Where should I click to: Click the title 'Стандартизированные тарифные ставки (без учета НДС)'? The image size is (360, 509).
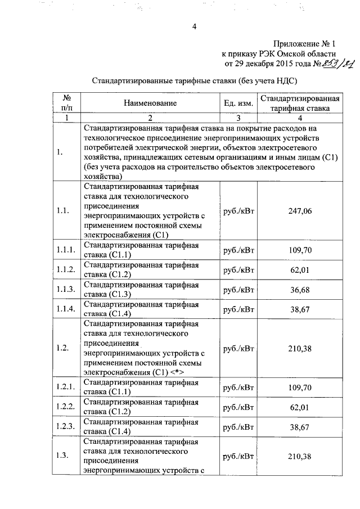tap(194, 80)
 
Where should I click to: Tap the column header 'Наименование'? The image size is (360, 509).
tap(151, 103)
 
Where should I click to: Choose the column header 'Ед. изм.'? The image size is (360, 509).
tap(238, 103)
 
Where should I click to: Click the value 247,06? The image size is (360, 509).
tap(300, 211)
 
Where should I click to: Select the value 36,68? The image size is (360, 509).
tap(300, 289)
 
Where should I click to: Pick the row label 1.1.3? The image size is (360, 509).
tap(66, 289)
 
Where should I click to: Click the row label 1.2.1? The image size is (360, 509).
tap(66, 388)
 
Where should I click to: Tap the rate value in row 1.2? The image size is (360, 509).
tap(300, 348)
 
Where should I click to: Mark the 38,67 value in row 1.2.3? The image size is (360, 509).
tap(300, 427)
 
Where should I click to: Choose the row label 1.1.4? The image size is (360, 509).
tap(66, 309)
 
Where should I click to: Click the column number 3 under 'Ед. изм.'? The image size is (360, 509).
tap(238, 118)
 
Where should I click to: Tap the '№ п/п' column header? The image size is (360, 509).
tap(66, 103)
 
